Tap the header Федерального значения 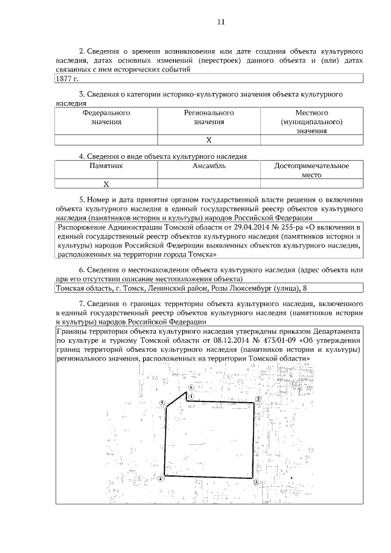[x=106, y=117]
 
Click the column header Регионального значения [x=209, y=117]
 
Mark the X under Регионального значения [x=209, y=140]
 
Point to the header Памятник [x=106, y=166]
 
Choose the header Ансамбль [x=209, y=166]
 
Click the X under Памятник [x=106, y=183]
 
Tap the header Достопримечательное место [x=312, y=170]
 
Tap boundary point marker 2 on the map [x=258, y=399]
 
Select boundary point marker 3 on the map [x=255, y=482]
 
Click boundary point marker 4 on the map [x=161, y=480]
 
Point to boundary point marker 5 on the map [x=162, y=403]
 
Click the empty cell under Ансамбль [x=209, y=183]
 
